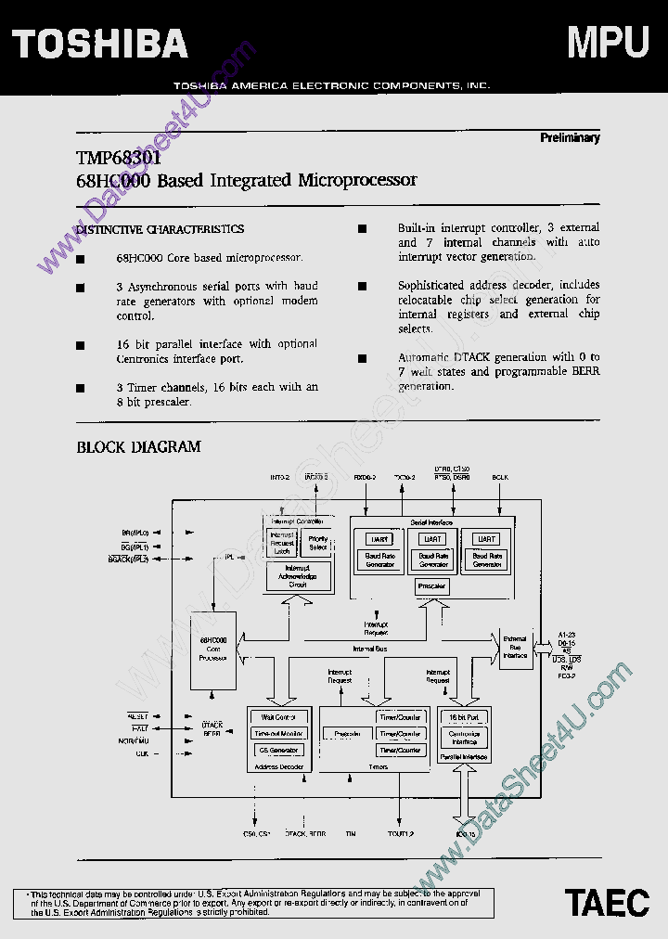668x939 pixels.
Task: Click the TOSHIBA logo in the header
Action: click(x=100, y=43)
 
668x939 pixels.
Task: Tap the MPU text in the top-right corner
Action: click(x=608, y=42)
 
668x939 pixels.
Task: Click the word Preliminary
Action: click(x=570, y=137)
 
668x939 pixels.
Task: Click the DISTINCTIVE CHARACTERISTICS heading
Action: click(x=160, y=229)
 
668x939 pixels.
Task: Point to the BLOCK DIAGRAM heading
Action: click(x=138, y=447)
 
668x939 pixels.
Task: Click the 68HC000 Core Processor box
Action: click(x=213, y=649)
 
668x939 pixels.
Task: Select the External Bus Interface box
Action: click(x=515, y=648)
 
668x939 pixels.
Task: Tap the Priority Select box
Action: click(x=318, y=543)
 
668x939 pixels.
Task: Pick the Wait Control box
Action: click(x=278, y=717)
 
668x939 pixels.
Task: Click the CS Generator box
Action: click(x=278, y=750)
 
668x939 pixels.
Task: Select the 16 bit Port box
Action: click(x=463, y=717)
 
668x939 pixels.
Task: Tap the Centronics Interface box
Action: click(x=463, y=738)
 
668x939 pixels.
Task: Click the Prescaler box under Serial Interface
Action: click(x=431, y=586)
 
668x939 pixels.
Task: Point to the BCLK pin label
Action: click(x=501, y=477)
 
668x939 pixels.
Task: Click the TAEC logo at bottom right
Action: click(x=608, y=902)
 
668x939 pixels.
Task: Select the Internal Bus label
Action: click(x=370, y=649)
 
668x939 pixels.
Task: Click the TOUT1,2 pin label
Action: click(x=401, y=834)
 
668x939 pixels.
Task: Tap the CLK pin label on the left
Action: click(x=141, y=753)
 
